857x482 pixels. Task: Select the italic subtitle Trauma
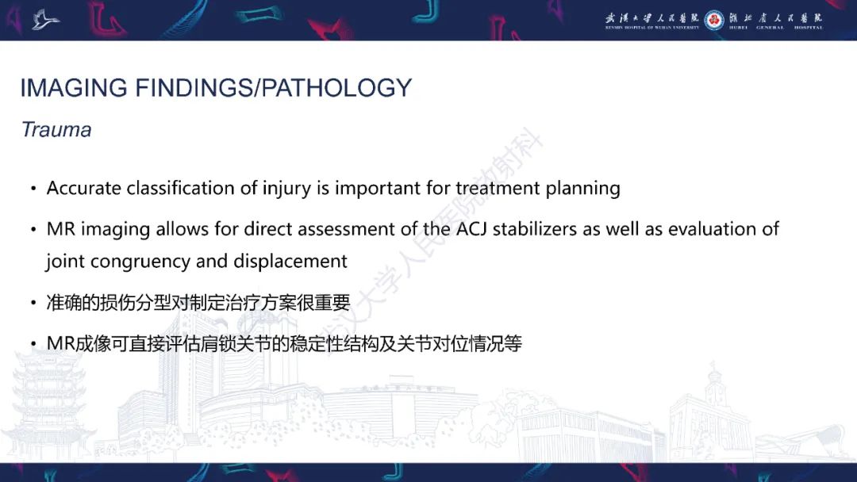[x=56, y=130]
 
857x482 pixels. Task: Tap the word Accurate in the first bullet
[x=84, y=189]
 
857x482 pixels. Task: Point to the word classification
[x=174, y=189]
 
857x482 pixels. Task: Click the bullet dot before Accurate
[x=33, y=190]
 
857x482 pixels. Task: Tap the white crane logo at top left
[x=45, y=19]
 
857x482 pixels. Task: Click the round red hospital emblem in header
[x=714, y=20]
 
